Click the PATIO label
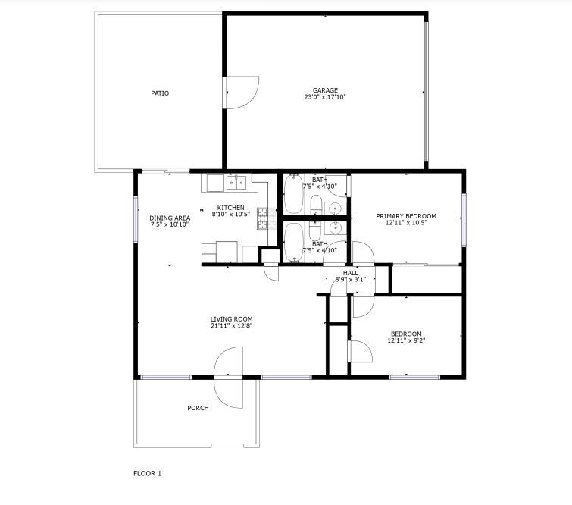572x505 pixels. (160, 93)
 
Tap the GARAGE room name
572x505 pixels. (325, 90)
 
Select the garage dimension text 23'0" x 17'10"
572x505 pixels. (325, 97)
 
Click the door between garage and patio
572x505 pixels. (241, 93)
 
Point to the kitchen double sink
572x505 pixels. (236, 182)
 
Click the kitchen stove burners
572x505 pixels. (263, 218)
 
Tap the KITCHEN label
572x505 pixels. (230, 208)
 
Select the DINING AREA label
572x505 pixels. (170, 218)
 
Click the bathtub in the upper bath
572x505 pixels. (293, 194)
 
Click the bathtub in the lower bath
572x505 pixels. (293, 243)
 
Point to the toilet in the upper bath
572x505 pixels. (316, 205)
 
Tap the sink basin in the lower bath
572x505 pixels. (335, 228)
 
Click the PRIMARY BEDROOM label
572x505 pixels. (406, 216)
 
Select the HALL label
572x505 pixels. (350, 273)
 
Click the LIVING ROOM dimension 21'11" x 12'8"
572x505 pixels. (231, 326)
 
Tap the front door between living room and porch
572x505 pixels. (228, 377)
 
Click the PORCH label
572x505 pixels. (198, 408)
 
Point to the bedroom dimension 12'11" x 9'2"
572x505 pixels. (406, 340)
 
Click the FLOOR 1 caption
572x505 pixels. (148, 474)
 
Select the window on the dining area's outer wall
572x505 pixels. (136, 219)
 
